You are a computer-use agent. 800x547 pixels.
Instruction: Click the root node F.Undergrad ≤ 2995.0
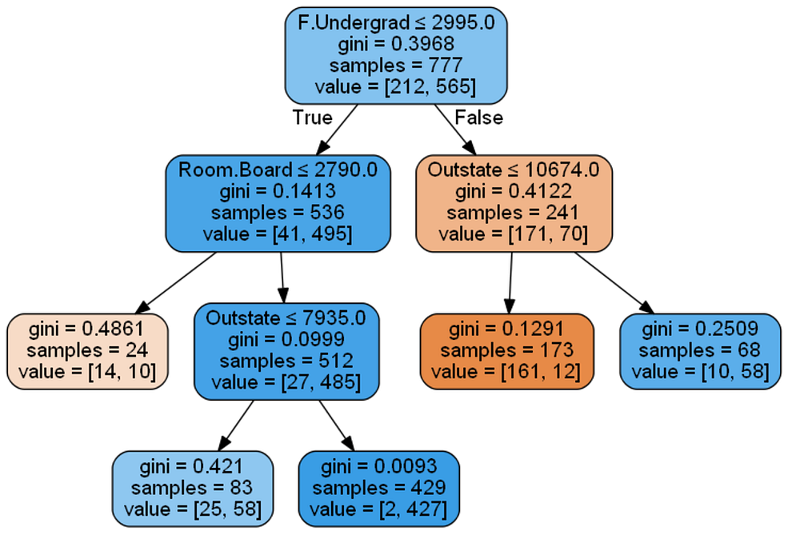tap(396, 54)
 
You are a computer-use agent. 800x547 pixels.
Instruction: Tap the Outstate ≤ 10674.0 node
tap(514, 202)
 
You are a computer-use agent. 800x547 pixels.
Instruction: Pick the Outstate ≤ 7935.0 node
tap(286, 351)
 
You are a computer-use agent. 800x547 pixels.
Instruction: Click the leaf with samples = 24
tap(88, 350)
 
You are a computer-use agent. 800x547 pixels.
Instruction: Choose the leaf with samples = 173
tap(506, 350)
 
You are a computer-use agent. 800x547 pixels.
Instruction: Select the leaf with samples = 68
tap(700, 350)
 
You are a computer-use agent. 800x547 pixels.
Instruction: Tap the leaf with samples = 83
tap(192, 488)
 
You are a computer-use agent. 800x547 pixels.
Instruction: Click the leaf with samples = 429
tap(378, 488)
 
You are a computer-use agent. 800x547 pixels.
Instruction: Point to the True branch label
tap(312, 118)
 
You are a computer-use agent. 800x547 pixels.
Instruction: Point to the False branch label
tap(478, 118)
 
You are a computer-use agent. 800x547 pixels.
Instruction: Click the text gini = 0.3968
tap(396, 44)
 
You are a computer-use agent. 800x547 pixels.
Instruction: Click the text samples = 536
tap(278, 213)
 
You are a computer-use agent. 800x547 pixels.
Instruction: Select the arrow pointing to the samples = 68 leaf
tap(612, 282)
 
